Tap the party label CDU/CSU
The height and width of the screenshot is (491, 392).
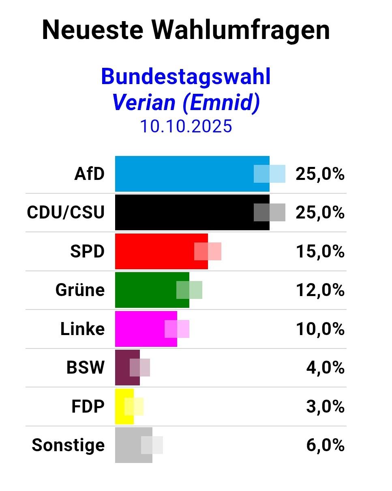click(66, 212)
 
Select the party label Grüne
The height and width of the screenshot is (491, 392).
click(80, 290)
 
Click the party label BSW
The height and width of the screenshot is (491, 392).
click(86, 367)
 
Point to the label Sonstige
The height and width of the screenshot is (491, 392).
click(68, 445)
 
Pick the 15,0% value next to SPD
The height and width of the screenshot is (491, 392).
click(320, 251)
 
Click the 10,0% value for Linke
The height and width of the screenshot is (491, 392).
click(320, 329)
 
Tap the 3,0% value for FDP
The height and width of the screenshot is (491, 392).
click(325, 406)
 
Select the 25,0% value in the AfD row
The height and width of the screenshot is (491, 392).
click(320, 174)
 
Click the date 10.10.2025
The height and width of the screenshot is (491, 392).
click(186, 126)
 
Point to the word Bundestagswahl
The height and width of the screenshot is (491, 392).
click(186, 76)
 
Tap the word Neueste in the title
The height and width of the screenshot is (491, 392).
click(93, 30)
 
